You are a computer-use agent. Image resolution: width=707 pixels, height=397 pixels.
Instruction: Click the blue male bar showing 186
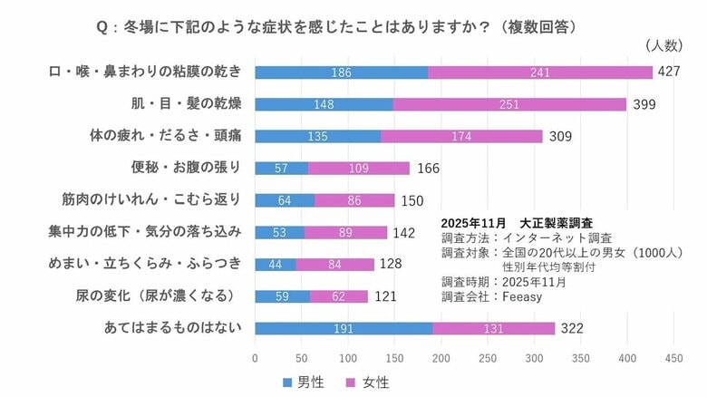coord(341,73)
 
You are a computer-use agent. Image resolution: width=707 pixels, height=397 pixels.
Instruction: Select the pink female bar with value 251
coord(509,104)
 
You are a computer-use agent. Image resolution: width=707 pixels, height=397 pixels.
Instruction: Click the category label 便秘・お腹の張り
coord(187,168)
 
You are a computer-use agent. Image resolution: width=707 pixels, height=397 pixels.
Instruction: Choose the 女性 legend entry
coord(367,382)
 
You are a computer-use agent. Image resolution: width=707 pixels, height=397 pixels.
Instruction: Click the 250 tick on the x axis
coord(488,358)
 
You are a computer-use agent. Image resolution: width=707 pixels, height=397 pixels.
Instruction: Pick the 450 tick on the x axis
coord(673,358)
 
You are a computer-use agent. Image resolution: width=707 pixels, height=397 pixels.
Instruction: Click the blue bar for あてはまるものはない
coord(343,328)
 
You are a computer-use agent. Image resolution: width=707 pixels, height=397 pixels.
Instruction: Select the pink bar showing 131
coord(493,328)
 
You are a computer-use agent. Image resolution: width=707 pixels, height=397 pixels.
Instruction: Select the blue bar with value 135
coord(317,136)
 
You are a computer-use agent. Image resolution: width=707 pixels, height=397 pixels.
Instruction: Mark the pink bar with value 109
coord(358,168)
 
